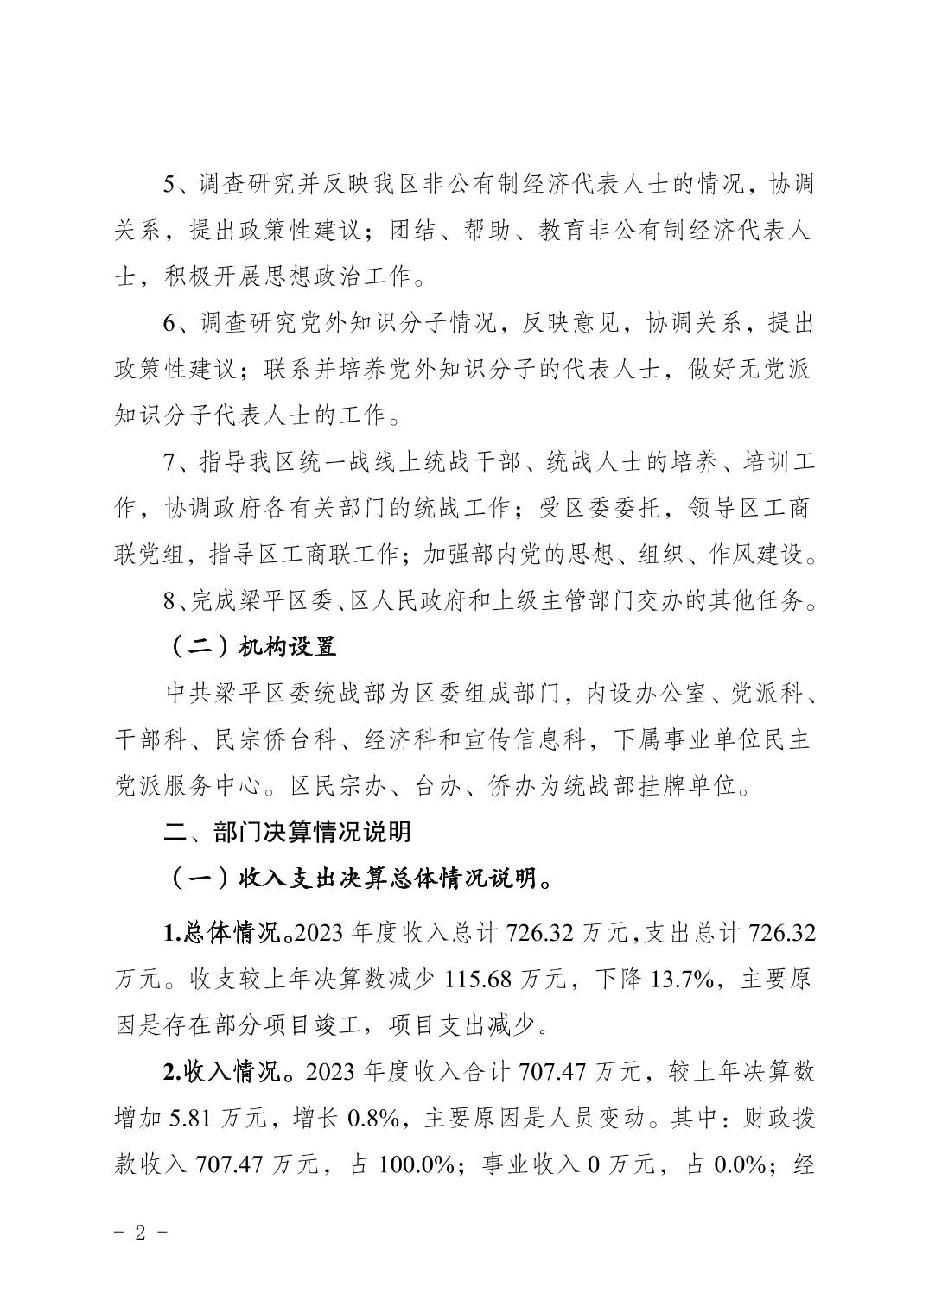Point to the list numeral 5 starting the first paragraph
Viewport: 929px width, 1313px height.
170,184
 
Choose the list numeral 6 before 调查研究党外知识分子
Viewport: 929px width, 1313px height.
170,324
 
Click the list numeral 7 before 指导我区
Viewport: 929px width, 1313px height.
170,462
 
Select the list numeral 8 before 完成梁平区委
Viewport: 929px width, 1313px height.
170,601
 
